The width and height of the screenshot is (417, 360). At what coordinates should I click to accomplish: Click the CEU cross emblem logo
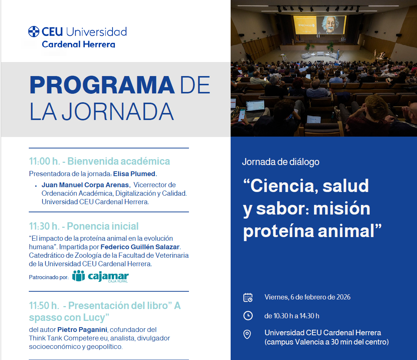[x=34, y=31]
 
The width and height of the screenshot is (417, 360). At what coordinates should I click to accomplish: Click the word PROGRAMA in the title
[x=102, y=85]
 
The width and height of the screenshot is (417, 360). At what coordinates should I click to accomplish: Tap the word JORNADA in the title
[x=118, y=112]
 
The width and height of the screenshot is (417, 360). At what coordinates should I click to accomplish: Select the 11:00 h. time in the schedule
[x=44, y=161]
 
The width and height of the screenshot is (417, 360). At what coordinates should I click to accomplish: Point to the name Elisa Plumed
[x=134, y=174]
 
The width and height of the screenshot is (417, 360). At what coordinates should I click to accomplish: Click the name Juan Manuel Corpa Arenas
[x=85, y=185]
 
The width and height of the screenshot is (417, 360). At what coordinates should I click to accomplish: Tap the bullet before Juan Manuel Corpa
[x=36, y=186]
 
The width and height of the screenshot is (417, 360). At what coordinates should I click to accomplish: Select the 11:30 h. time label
[x=44, y=226]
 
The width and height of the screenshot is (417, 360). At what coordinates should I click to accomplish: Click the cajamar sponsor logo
[x=100, y=276]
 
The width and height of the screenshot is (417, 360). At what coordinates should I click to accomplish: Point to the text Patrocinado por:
[x=49, y=277]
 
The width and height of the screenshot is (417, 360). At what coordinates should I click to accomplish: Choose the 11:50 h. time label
[x=44, y=305]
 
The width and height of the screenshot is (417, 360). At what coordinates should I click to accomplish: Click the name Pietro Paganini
[x=82, y=330]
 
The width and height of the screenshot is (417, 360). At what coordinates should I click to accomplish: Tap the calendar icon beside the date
[x=248, y=298]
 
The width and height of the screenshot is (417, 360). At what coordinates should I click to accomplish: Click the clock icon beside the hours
[x=248, y=316]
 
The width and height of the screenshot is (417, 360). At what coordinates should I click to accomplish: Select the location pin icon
[x=247, y=334]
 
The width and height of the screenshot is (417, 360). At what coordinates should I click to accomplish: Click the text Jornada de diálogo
[x=280, y=162]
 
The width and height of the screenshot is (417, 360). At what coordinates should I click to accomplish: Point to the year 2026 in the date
[x=343, y=297]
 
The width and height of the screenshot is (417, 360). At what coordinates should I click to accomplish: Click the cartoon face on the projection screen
[x=330, y=24]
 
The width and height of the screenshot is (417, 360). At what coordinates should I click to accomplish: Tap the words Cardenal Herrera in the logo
[x=79, y=44]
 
